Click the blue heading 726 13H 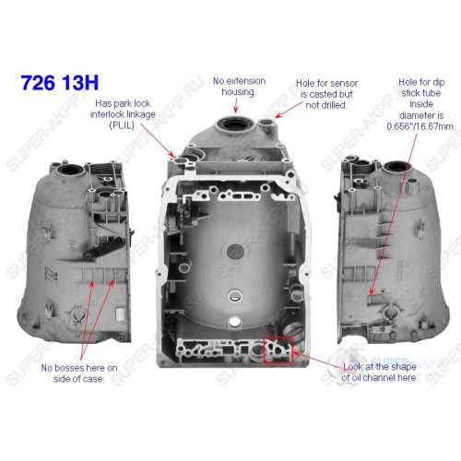(x=60, y=82)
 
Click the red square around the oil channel (x=265, y=350)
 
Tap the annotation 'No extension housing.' (x=240, y=87)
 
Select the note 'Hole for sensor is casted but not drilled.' (x=326, y=94)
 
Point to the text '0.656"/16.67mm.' (x=421, y=126)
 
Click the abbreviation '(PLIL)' (x=123, y=125)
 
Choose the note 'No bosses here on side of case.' (x=79, y=373)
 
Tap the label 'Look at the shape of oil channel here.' (x=380, y=372)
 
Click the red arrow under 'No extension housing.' (x=236, y=106)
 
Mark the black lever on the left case (x=103, y=245)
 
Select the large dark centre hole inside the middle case (x=236, y=252)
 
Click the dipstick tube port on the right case (x=372, y=299)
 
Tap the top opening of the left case (x=71, y=170)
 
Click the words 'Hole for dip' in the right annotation (x=421, y=82)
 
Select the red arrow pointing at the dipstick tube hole (x=394, y=214)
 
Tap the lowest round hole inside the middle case (x=235, y=322)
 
